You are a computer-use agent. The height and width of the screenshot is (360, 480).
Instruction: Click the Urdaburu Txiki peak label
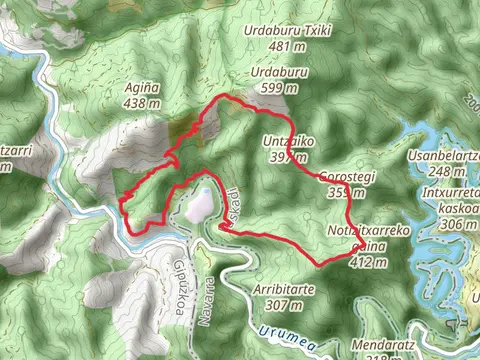288,30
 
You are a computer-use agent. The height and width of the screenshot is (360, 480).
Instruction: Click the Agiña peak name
142,87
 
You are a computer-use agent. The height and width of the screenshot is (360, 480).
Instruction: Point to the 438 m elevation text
142,102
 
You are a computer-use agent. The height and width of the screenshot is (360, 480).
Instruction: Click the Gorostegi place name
347,178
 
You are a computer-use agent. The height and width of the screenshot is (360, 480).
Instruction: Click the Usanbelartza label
445,157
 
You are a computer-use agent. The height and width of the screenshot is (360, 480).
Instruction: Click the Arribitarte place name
285,290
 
